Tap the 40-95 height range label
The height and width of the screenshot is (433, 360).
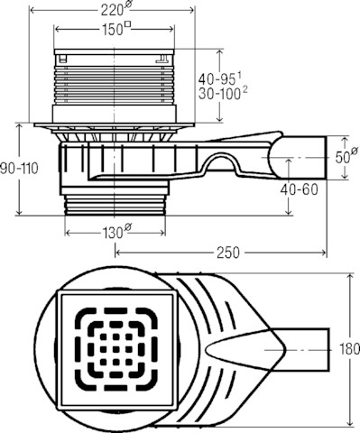220,79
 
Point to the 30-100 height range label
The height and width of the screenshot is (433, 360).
222,94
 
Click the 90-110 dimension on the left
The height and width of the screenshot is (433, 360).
19,169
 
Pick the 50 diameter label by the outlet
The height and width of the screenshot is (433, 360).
346,156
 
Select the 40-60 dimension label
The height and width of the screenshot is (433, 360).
299,189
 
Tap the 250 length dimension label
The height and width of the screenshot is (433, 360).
228,253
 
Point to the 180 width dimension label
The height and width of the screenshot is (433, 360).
349,349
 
